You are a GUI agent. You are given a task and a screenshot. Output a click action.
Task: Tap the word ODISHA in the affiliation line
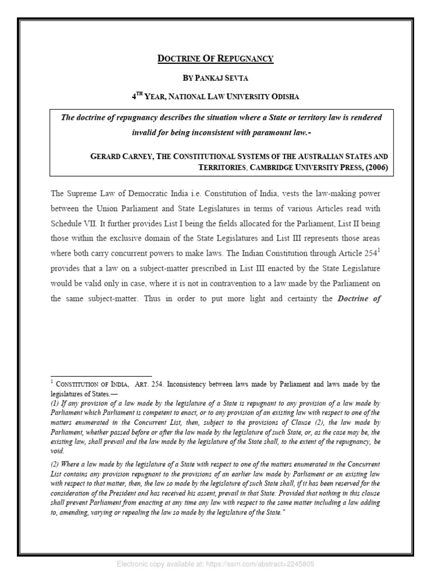[x=284, y=96]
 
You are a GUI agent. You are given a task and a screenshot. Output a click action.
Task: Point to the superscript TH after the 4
[x=140, y=94]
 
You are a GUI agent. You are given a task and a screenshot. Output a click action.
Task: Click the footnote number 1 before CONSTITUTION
[x=52, y=382]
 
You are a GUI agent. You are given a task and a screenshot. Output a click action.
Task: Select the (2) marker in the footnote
[x=55, y=465]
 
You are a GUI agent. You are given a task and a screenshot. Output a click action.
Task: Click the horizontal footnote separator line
[x=101, y=376]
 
